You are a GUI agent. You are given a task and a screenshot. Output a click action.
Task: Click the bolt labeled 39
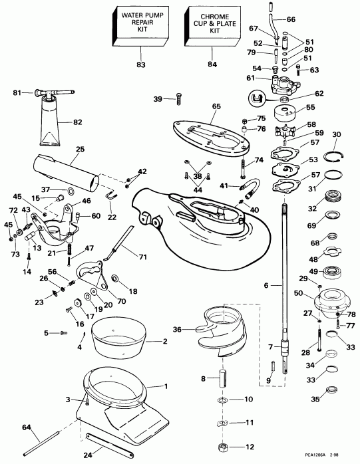[x=178, y=99]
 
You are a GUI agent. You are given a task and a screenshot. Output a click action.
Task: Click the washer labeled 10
[x=221, y=402]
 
